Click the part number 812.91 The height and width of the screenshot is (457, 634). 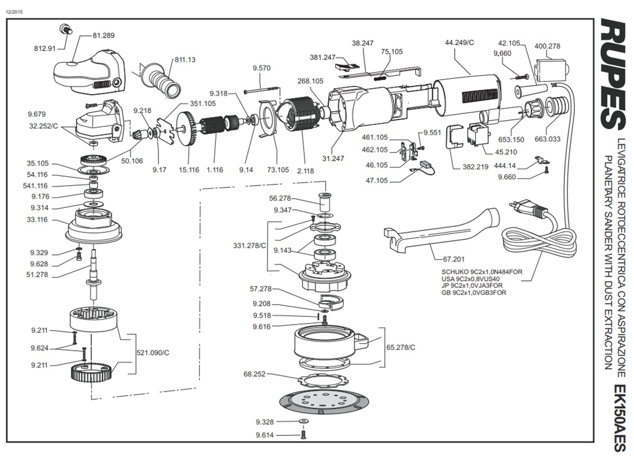point(45,48)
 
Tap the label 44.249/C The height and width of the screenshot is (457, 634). point(459,43)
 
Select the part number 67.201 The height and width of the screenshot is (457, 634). point(453,259)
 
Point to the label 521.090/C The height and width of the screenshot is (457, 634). point(153,353)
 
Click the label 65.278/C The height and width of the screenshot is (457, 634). point(400,347)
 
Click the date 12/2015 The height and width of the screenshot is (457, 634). point(14,11)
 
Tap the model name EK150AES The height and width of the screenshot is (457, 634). point(619,417)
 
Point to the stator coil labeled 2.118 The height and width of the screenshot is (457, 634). point(297,118)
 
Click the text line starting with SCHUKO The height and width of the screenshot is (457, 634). point(481,272)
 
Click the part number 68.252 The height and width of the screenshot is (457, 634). point(254,374)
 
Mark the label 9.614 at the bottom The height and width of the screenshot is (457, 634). point(264,435)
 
